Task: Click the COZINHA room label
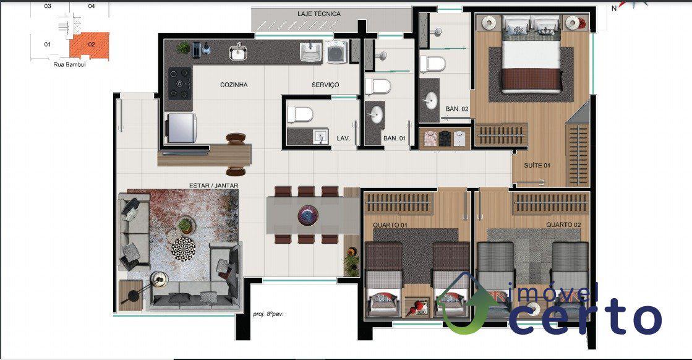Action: click(x=234, y=85)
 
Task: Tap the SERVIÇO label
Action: click(x=325, y=85)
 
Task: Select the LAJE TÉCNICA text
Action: click(x=318, y=14)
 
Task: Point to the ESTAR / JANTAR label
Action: click(x=213, y=186)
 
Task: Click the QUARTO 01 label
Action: click(x=390, y=225)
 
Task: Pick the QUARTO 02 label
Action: click(x=563, y=225)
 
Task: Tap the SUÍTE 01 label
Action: click(x=537, y=165)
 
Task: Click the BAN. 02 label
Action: click(x=457, y=108)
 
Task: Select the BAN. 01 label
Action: click(x=394, y=138)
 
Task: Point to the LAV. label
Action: click(x=343, y=138)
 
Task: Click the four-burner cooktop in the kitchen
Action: click(x=180, y=83)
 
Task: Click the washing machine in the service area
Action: click(x=337, y=51)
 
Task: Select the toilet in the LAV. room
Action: click(x=300, y=114)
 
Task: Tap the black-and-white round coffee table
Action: click(x=183, y=249)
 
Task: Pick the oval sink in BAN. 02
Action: click(x=431, y=101)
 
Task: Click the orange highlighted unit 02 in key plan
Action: click(x=90, y=45)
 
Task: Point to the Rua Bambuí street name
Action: click(x=70, y=64)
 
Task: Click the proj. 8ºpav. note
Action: click(x=268, y=314)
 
